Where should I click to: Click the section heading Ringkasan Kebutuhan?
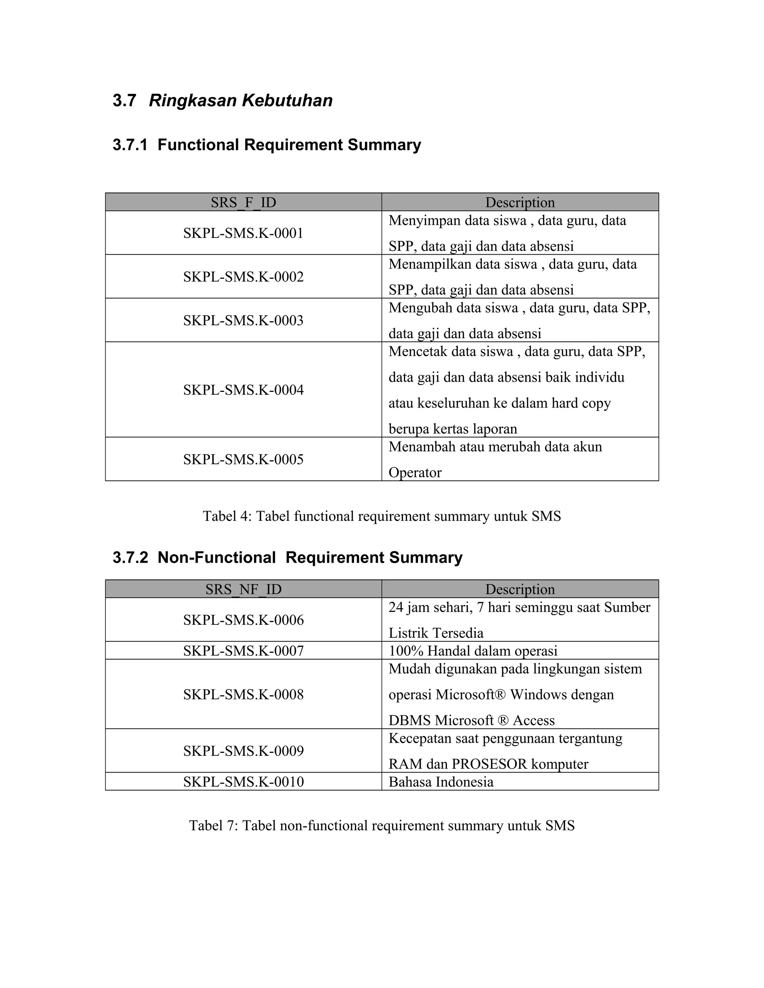[x=240, y=100]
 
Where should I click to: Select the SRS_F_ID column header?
[x=243, y=202]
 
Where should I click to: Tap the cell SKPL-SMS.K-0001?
[x=243, y=233]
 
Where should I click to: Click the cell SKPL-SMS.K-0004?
[x=243, y=390]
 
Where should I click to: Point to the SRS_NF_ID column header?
[x=243, y=589]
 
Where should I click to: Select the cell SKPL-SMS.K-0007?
[x=243, y=651]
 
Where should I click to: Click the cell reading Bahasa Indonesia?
[x=441, y=782]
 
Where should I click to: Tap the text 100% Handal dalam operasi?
[x=473, y=651]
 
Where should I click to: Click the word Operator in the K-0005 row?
[x=414, y=473]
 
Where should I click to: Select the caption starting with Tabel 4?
[x=382, y=516]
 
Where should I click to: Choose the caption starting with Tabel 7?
[x=382, y=825]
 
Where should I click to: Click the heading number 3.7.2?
[x=130, y=557]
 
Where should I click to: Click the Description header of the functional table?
[x=520, y=202]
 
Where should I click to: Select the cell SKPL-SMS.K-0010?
[x=243, y=782]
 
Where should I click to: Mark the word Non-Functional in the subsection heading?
[x=216, y=557]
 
